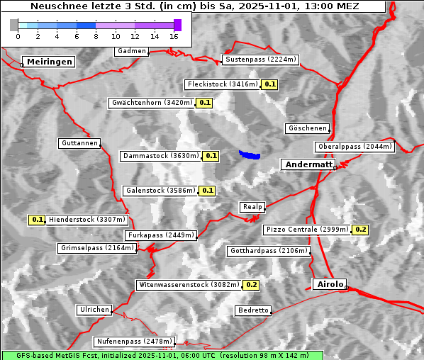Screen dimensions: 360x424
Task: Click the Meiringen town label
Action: click(x=48, y=62)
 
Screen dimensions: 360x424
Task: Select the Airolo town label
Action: click(x=329, y=284)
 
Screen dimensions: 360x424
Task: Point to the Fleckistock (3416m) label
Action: click(x=221, y=84)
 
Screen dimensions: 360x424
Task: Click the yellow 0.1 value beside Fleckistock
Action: click(x=269, y=84)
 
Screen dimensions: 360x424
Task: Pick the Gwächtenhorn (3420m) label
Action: click(x=152, y=103)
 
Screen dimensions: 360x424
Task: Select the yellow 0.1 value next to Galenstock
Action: click(x=208, y=191)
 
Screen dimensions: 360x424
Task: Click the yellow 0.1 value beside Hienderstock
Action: click(x=38, y=220)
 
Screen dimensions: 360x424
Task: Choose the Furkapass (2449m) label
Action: click(x=160, y=235)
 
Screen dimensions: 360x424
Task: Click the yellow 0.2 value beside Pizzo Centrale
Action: click(x=360, y=230)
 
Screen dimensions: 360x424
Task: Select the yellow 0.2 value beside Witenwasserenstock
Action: click(x=251, y=285)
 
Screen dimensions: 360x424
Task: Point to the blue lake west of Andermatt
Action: click(x=250, y=154)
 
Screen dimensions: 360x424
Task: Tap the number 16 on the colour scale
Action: click(x=174, y=35)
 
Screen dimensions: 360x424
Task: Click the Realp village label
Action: click(x=252, y=207)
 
